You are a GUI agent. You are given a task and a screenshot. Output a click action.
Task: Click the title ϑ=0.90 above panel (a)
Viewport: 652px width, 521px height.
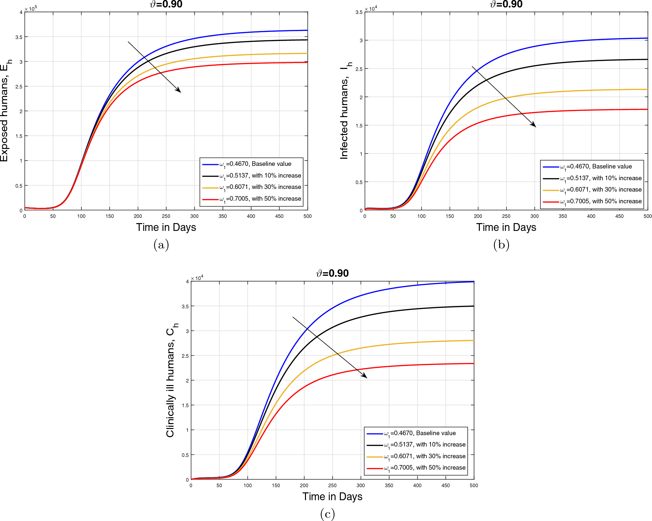click(x=166, y=5)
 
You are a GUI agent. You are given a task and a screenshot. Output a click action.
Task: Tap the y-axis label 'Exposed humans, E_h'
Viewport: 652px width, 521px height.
click(x=6, y=111)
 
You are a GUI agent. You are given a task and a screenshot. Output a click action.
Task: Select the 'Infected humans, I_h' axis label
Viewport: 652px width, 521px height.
click(x=345, y=111)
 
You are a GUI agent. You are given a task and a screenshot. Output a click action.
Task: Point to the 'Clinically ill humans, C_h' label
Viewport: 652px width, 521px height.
click(x=172, y=380)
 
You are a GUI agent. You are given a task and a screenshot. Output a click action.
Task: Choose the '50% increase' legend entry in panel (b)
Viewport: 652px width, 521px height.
click(x=601, y=201)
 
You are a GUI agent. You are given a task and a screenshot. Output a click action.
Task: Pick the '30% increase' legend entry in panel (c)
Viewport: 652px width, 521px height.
click(x=424, y=456)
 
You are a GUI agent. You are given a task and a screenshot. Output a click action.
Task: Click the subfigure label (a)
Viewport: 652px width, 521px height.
click(x=161, y=245)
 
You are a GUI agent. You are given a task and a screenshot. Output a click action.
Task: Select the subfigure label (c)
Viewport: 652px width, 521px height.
click(x=327, y=514)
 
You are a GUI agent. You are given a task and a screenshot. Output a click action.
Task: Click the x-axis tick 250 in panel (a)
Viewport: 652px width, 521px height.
click(x=166, y=216)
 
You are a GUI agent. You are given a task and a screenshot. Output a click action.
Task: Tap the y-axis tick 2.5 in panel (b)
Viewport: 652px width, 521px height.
click(x=359, y=69)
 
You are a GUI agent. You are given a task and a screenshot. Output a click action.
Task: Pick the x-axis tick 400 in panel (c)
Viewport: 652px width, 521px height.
click(x=417, y=486)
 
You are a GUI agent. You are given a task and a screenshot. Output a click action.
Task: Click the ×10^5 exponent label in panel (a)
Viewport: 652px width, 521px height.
click(x=31, y=8)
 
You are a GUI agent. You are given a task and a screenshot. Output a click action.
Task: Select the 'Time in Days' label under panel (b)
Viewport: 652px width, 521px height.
click(x=506, y=227)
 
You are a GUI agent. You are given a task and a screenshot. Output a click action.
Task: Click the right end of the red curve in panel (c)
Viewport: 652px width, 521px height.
click(x=473, y=364)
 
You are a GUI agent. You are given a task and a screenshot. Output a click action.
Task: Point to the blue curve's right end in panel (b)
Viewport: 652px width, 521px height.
click(x=647, y=38)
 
